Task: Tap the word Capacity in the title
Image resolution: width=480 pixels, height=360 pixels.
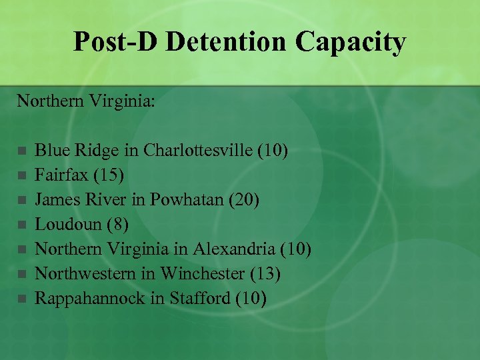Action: coord(351,41)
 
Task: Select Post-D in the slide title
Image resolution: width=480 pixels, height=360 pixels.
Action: coord(116,41)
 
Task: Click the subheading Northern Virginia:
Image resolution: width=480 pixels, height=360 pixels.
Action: coord(86,101)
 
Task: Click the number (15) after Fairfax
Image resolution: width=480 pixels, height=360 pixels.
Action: coord(107,175)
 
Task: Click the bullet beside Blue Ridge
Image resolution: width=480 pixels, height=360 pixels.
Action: coord(21,151)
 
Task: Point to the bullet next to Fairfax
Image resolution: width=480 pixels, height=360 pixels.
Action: coord(21,175)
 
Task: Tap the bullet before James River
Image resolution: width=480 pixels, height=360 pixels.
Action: coord(21,200)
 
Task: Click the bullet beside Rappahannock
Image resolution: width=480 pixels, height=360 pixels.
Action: coord(21,299)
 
